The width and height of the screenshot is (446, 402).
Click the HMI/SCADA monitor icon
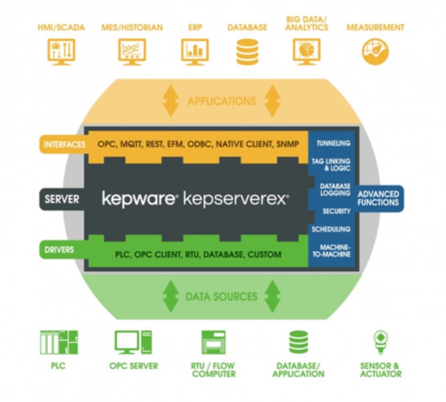(62, 51)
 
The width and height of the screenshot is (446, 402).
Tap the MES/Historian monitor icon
(133, 51)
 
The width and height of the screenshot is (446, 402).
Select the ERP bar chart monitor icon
(195, 51)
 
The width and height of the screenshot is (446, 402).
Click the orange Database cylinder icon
(247, 51)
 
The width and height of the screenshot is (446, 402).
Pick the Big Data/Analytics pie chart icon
(307, 51)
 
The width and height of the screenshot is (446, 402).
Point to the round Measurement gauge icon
(375, 51)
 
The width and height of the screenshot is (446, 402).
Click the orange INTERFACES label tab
(63, 143)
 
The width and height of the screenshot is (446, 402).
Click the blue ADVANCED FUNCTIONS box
(378, 199)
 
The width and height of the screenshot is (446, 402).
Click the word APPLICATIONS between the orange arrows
(222, 101)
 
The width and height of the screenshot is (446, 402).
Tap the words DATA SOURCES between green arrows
(222, 296)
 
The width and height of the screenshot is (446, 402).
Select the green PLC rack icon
(58, 343)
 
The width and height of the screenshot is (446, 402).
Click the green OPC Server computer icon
(133, 343)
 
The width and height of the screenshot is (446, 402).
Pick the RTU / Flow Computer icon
(213, 343)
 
